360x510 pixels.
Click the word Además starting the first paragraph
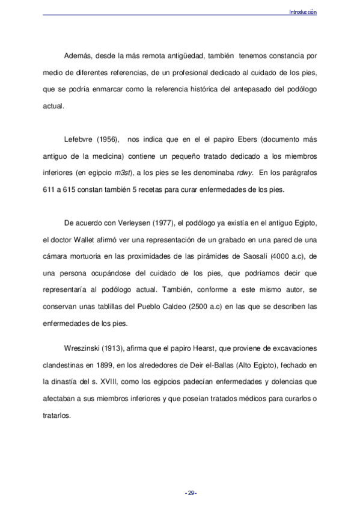(77, 57)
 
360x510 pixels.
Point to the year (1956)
(112, 139)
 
